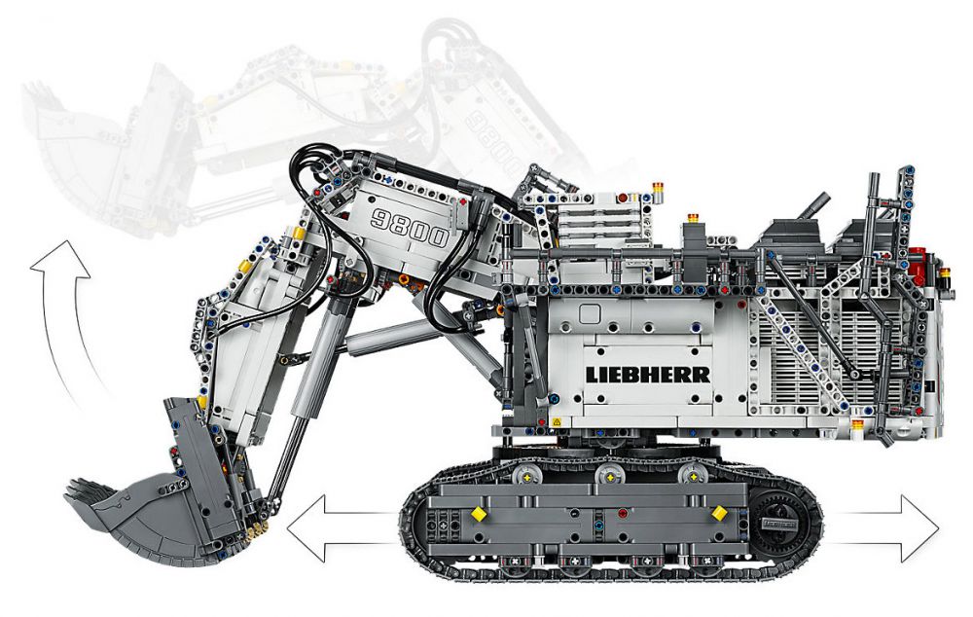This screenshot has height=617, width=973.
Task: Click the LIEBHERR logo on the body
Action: tap(648, 375)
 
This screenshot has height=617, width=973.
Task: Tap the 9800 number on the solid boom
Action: tap(410, 228)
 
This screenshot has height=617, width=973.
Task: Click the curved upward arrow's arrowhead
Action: tap(60, 260)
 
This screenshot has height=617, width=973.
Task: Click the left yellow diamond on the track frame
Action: tap(479, 513)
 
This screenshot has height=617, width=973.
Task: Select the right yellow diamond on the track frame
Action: tap(719, 512)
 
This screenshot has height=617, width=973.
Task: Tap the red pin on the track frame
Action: tap(623, 513)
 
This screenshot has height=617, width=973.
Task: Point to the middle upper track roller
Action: tap(610, 476)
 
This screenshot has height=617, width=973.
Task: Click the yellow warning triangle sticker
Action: tap(556, 421)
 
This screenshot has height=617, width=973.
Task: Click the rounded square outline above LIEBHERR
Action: tap(590, 313)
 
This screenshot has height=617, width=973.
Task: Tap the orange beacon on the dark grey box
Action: tap(693, 219)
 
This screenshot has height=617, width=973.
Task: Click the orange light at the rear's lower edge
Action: tap(857, 426)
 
